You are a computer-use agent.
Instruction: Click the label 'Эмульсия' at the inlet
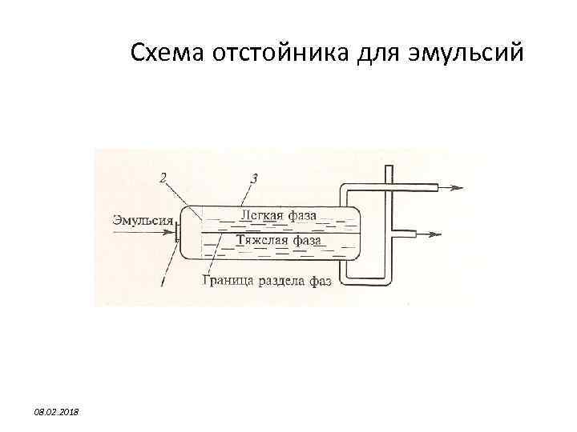click(x=143, y=218)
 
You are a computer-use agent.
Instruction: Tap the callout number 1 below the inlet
click(x=163, y=281)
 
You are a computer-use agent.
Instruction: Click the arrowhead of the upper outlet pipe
click(x=458, y=188)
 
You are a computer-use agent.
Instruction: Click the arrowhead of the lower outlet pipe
click(x=437, y=235)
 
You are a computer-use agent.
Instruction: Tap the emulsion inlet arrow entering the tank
click(x=144, y=232)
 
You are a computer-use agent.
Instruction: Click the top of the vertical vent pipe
click(x=389, y=168)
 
